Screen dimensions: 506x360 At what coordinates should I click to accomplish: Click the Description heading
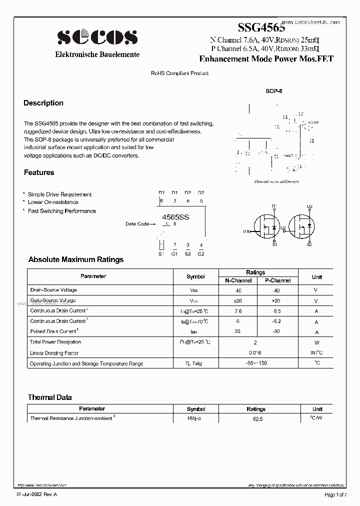click(x=43, y=103)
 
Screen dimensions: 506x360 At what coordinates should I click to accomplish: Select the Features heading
click(x=39, y=172)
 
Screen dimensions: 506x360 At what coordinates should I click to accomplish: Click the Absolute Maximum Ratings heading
click(x=76, y=259)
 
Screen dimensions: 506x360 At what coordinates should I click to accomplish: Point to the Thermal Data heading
click(x=50, y=397)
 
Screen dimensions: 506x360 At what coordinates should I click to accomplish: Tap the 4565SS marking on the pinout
click(x=176, y=217)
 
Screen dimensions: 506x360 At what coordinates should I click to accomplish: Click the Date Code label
click(x=137, y=224)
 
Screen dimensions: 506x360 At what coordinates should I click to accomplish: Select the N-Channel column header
click(x=238, y=280)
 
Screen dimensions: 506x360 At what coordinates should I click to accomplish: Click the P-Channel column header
click(x=277, y=280)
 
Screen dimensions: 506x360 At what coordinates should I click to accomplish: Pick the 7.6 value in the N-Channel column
click(x=238, y=310)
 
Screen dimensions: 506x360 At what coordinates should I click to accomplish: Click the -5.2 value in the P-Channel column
click(x=277, y=321)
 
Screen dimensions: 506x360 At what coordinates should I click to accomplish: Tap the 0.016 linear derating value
click(x=255, y=353)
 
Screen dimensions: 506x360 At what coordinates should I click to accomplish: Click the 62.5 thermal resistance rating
click(x=255, y=418)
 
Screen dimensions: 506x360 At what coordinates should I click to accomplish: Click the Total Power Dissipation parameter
click(x=55, y=342)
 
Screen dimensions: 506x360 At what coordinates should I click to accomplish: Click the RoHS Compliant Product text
click(x=179, y=73)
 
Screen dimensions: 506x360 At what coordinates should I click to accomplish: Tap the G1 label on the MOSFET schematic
click(x=246, y=231)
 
